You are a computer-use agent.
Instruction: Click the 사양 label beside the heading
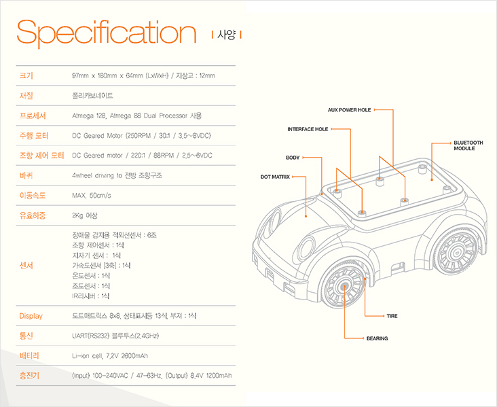click(226, 35)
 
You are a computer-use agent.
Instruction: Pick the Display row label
click(31, 316)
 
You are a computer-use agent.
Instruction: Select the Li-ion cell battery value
click(110, 356)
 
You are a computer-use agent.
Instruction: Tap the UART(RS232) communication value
click(115, 336)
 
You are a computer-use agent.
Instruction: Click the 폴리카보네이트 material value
click(92, 96)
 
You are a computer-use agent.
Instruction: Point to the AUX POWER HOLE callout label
click(349, 109)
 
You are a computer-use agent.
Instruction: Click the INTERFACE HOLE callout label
click(308, 129)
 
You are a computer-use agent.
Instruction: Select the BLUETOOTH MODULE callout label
click(468, 145)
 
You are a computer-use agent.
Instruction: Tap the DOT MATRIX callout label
click(275, 177)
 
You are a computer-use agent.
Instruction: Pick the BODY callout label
click(293, 158)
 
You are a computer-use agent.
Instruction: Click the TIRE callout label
click(392, 317)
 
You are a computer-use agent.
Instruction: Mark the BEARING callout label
click(377, 338)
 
